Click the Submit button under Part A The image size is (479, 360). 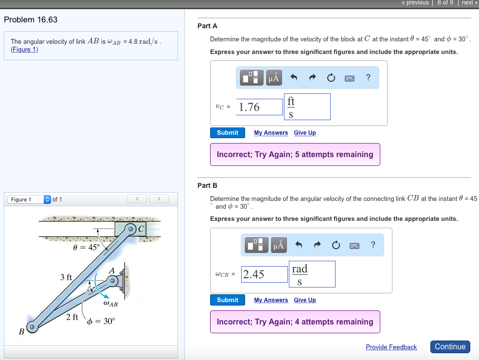click(x=228, y=133)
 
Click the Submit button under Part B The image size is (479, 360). click(x=228, y=300)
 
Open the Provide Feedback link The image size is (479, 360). click(x=391, y=347)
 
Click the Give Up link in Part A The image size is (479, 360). click(x=305, y=133)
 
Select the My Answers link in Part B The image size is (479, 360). click(x=271, y=300)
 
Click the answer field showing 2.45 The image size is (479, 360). click(x=265, y=274)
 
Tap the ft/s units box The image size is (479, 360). click(x=307, y=107)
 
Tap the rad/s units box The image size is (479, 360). click(x=312, y=274)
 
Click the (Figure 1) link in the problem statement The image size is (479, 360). click(x=24, y=50)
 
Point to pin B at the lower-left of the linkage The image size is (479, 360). click(x=32, y=327)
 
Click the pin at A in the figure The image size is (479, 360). click(x=113, y=281)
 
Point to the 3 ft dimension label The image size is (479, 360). click(x=66, y=277)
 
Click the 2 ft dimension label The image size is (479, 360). click(x=72, y=317)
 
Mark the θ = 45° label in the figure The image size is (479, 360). click(x=86, y=247)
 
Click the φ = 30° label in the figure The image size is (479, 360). click(x=101, y=321)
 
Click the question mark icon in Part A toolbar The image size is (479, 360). click(x=368, y=78)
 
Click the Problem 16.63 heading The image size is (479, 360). click(x=31, y=20)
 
